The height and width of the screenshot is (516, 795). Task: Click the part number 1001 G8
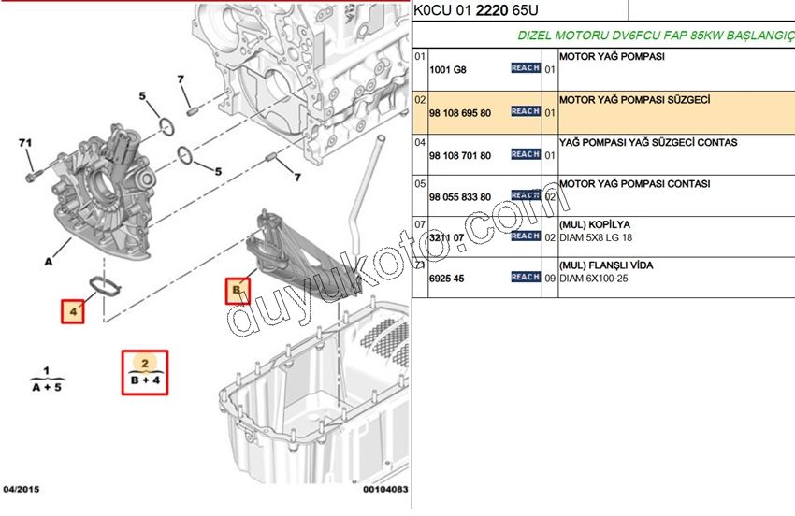[x=447, y=70]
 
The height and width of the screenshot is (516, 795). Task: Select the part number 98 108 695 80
[x=459, y=112]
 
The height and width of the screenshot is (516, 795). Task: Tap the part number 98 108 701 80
[x=459, y=155]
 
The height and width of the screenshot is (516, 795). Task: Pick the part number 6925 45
[x=447, y=278]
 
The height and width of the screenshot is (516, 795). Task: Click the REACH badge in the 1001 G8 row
[x=525, y=68]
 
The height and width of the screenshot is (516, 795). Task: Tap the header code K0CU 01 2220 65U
[x=475, y=10]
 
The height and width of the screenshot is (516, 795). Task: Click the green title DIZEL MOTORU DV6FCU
[x=655, y=36]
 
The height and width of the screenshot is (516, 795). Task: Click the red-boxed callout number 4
[x=72, y=310]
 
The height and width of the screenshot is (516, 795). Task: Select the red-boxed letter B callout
[x=237, y=291]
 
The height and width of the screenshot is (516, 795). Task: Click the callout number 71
[x=25, y=143]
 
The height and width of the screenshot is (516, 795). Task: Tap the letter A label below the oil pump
[x=48, y=263]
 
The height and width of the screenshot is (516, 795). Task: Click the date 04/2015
[x=22, y=490]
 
